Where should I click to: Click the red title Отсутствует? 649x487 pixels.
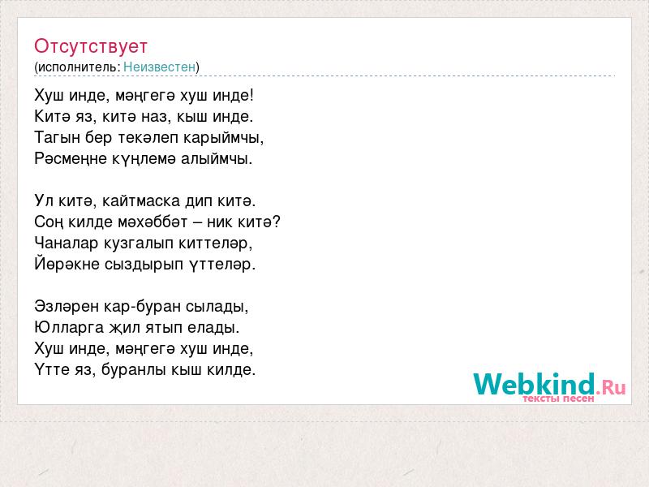click(x=91, y=46)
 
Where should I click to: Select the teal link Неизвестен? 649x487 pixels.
click(x=159, y=67)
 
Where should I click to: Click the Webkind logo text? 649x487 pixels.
click(x=534, y=384)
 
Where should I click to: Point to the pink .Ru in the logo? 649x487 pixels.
click(x=611, y=387)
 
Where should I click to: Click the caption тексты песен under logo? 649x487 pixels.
click(x=558, y=399)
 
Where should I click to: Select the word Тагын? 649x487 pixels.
click(x=57, y=138)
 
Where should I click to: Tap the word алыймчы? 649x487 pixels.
click(x=217, y=159)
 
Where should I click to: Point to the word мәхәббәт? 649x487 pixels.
click(x=153, y=222)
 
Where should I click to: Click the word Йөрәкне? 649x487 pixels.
click(x=67, y=264)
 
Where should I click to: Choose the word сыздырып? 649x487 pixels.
click(x=144, y=265)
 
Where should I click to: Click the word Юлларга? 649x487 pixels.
click(x=69, y=328)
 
